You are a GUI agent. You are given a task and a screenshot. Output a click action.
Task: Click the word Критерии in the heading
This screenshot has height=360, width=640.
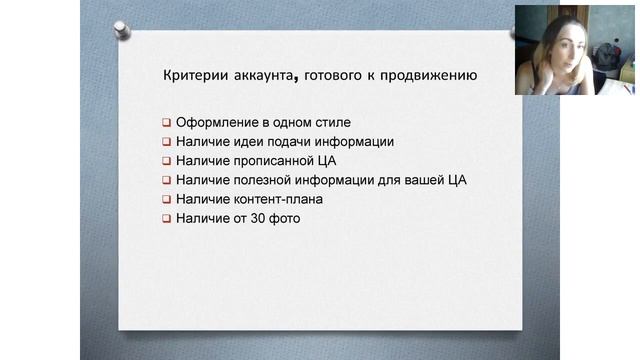click(194, 76)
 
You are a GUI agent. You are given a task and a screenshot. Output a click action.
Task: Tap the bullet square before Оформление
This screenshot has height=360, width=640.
click(167, 123)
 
